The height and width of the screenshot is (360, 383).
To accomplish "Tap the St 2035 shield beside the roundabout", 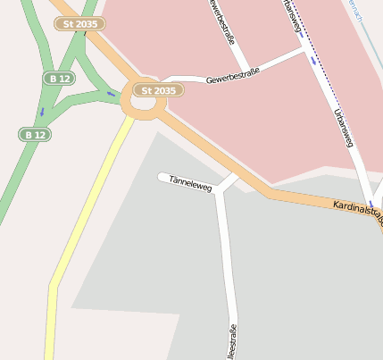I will point(158,89).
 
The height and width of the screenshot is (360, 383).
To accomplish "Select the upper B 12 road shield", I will point(58,79).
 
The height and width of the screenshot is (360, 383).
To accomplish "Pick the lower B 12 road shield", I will point(34,134).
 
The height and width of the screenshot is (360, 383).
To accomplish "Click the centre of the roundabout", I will point(143,102).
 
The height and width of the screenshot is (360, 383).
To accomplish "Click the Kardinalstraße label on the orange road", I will point(357,212).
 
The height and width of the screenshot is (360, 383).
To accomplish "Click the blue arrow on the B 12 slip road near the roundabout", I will point(112,93).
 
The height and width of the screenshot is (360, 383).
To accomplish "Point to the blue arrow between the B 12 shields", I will point(41,112).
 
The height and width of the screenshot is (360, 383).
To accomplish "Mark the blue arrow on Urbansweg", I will point(313,61).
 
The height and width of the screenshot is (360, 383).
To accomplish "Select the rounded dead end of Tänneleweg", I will point(162,177).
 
